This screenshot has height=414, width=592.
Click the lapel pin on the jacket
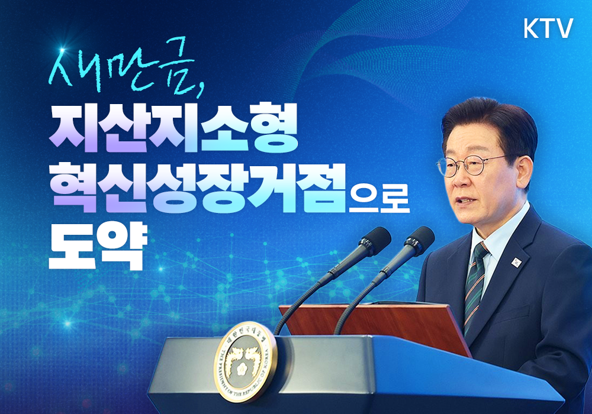coord(517,260)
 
